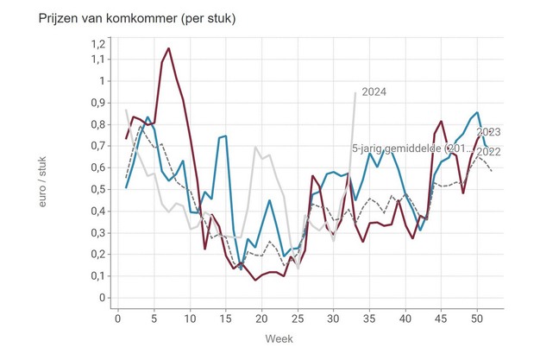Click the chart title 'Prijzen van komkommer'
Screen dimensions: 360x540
click(126, 19)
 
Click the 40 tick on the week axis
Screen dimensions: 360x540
click(405, 319)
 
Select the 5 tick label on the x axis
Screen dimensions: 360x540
click(154, 319)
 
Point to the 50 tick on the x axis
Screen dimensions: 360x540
click(476, 319)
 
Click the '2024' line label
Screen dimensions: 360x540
click(374, 92)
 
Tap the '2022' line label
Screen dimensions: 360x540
click(488, 152)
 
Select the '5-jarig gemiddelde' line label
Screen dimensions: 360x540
click(411, 149)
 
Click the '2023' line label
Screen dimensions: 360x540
click(488, 132)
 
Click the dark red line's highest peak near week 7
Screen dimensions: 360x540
click(168, 48)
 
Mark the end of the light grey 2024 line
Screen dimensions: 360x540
click(355, 93)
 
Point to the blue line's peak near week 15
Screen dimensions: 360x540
click(225, 136)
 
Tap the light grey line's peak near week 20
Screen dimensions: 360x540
click(255, 147)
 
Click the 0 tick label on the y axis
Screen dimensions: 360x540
click(101, 298)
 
